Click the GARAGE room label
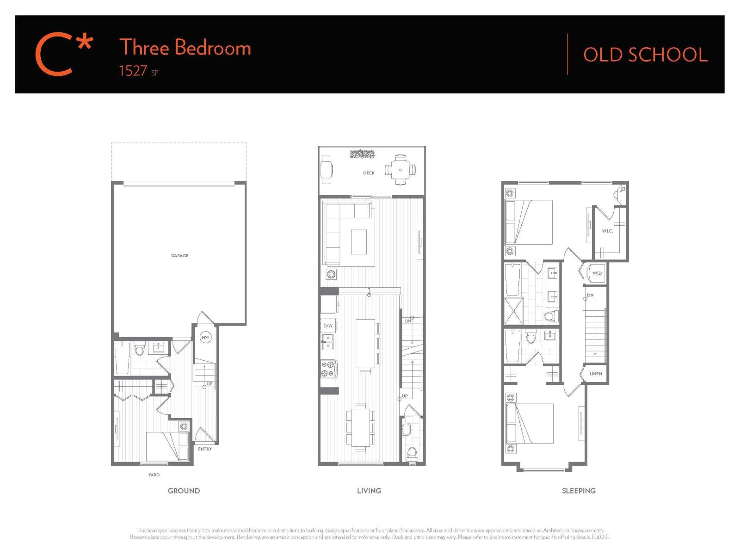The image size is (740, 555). (179, 255)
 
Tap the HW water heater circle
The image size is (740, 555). (205, 337)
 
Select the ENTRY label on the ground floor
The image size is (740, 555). (205, 449)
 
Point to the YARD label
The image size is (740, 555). (154, 475)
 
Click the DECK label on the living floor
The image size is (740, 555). (369, 173)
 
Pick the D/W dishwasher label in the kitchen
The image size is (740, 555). (328, 326)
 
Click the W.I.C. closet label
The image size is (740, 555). (607, 231)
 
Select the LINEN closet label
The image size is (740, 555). (596, 374)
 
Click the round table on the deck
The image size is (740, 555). (401, 170)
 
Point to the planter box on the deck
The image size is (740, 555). (362, 154)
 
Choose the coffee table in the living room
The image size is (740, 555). (358, 242)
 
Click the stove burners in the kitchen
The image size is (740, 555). (328, 369)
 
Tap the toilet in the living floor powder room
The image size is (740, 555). (411, 453)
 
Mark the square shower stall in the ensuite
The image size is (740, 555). (513, 311)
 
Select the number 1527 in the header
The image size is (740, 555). (133, 71)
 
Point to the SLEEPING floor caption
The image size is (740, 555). (579, 491)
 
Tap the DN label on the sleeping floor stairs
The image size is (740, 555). (590, 295)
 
